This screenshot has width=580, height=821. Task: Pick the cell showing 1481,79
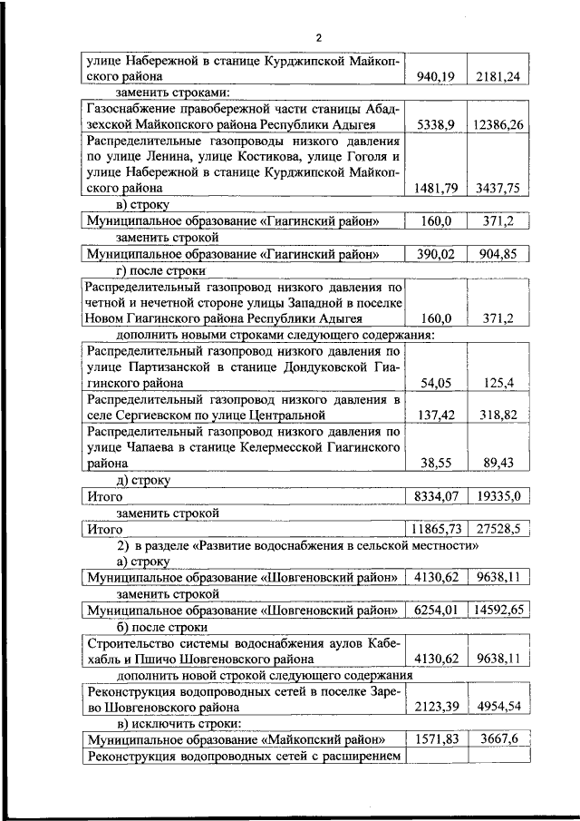tap(434, 188)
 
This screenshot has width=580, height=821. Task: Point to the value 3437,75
tap(498, 188)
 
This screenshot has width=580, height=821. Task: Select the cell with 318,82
tap(498, 415)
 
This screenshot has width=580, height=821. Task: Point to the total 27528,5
tap(498, 528)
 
